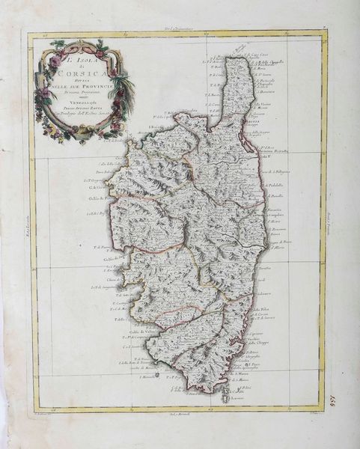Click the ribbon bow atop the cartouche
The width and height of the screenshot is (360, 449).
[56, 45]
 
